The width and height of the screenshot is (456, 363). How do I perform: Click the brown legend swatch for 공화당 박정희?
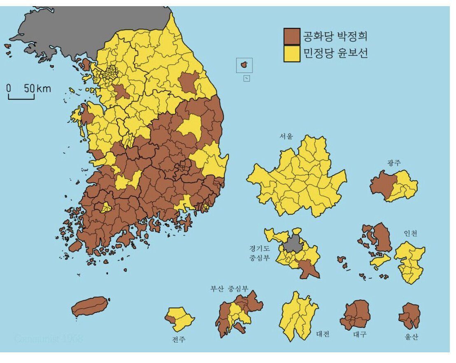tap(292, 36)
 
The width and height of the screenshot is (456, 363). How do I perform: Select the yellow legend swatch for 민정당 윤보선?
tap(292, 54)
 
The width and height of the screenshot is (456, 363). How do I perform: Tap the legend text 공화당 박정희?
tap(334, 36)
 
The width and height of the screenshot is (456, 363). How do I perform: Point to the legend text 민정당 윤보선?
tap(334, 54)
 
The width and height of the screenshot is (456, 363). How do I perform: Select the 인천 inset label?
tap(410, 234)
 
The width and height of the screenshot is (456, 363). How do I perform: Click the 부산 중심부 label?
tap(229, 288)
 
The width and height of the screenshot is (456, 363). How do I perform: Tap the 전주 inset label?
tap(179, 340)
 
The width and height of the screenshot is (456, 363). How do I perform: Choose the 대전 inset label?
tap(323, 334)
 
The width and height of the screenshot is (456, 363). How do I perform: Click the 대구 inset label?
tap(359, 335)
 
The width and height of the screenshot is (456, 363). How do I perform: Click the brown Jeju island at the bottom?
tap(91, 306)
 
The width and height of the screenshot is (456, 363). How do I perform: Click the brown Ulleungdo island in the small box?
tap(244, 64)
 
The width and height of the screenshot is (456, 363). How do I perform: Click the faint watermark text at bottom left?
tap(49, 339)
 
